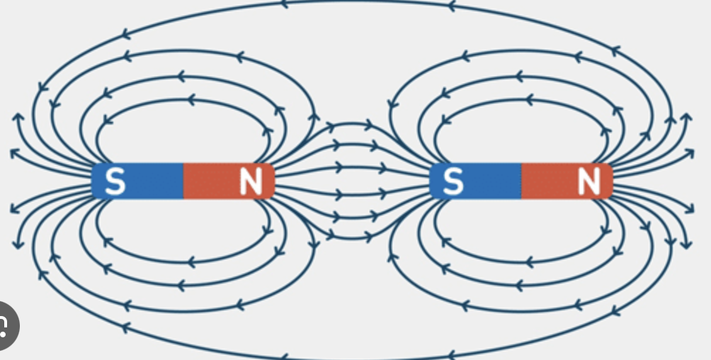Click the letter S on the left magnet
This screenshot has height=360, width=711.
115,182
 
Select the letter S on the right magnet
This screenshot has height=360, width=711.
453,182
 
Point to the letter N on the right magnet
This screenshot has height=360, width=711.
588,182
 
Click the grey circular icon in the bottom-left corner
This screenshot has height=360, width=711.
6,325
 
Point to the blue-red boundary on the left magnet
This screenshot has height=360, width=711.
183,181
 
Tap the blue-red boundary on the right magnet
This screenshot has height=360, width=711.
521,181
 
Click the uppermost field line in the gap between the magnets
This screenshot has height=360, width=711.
352,125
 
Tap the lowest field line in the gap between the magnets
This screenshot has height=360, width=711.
352,237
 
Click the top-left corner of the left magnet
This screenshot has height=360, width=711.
93,165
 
